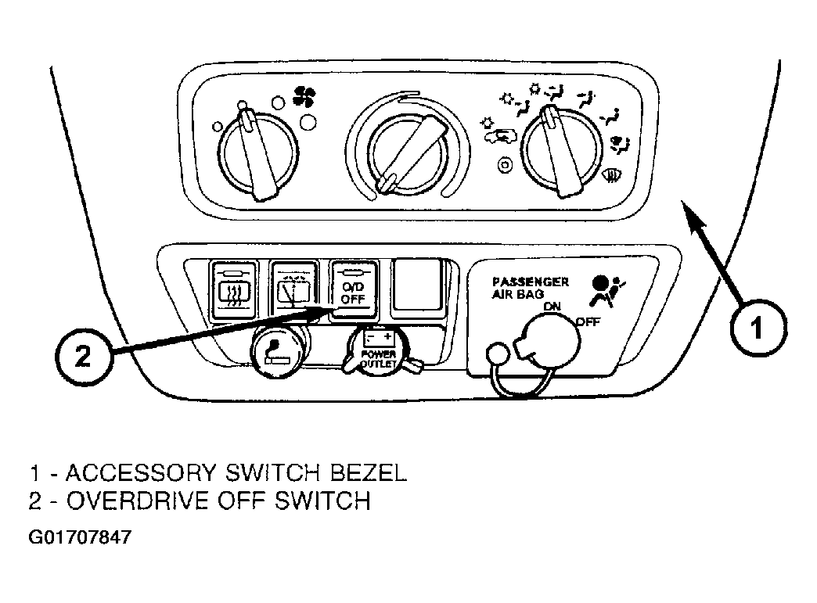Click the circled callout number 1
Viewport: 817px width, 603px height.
758,328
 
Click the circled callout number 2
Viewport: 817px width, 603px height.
84,357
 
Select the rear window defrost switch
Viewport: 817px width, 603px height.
233,291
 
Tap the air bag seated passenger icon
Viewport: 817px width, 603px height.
607,291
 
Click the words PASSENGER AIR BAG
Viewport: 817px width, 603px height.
530,288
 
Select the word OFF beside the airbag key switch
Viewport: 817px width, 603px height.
588,322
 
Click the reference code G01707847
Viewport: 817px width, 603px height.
80,537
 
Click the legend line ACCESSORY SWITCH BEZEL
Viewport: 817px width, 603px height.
218,473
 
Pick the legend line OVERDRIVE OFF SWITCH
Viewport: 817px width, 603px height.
200,501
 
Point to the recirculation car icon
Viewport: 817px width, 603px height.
500,136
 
